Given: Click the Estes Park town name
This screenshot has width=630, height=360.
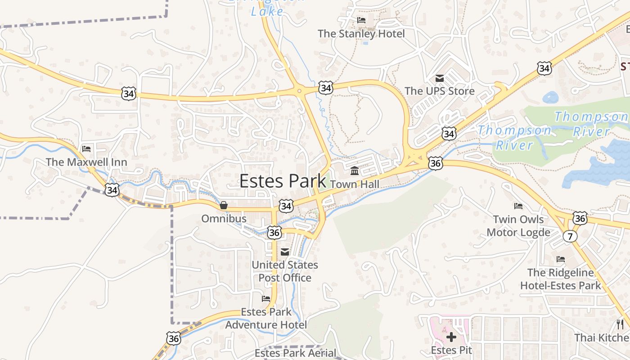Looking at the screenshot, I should [x=283, y=181].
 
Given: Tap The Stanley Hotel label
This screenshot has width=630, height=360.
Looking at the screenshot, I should [x=361, y=34].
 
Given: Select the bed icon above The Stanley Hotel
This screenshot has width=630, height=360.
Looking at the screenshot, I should [x=361, y=20].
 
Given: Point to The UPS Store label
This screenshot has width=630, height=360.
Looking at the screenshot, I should [x=439, y=91].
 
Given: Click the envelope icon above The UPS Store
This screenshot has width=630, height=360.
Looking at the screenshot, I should [x=439, y=78].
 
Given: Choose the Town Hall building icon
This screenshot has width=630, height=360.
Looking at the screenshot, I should [x=355, y=171].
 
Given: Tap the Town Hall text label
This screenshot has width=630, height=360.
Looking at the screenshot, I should [x=355, y=184].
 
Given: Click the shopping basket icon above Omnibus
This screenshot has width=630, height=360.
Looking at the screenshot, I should [x=224, y=206].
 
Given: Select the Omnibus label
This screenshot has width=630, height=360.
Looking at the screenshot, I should [x=224, y=219].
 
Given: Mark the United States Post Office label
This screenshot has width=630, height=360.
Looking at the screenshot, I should [x=285, y=271].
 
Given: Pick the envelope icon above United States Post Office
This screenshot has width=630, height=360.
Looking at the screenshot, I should [x=285, y=252].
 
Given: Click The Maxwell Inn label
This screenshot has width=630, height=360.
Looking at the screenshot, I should [x=86, y=162].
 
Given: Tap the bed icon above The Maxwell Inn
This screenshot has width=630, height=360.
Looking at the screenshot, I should [x=86, y=149].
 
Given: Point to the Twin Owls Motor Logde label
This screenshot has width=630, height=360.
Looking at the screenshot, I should [x=518, y=226].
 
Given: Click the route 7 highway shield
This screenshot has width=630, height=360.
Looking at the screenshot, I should [x=570, y=236].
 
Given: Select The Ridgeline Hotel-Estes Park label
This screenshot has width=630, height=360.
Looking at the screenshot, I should [x=560, y=279].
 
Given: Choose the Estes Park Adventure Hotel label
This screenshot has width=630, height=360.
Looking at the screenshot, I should [x=266, y=318].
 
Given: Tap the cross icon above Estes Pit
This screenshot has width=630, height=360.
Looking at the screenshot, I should [x=451, y=337].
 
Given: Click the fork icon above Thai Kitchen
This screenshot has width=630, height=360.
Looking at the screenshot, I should [x=620, y=324].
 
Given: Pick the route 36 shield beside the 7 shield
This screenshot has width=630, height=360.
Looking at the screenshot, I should [x=580, y=219].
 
